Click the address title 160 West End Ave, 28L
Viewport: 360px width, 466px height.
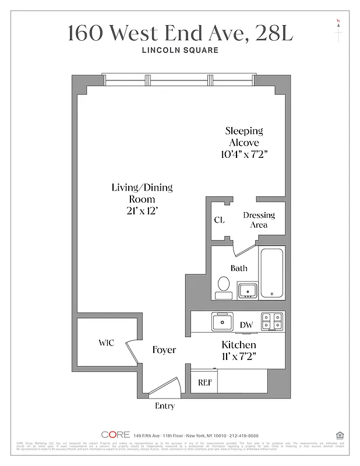[x=180, y=33]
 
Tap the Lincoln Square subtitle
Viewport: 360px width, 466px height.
[x=180, y=50]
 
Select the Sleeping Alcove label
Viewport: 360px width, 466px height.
[x=244, y=137]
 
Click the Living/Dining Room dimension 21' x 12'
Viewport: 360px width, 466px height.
[x=142, y=210]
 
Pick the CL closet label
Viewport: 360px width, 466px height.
[x=219, y=220]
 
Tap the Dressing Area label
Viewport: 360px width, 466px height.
[x=259, y=220]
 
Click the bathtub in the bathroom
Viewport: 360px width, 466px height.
[x=271, y=273]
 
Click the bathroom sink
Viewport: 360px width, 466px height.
[x=247, y=290]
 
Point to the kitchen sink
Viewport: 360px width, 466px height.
[x=222, y=322]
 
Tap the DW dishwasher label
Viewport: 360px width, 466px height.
[x=246, y=325]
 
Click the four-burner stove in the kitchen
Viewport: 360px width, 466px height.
[x=271, y=322]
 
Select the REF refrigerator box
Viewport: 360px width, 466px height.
[x=204, y=382]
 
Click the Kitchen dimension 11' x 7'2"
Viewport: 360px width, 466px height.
[x=239, y=355]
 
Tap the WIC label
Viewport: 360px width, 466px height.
[x=105, y=343]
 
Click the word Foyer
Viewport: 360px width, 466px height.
[x=164, y=349]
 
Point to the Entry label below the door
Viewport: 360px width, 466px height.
[x=164, y=406]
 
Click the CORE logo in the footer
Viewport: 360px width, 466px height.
[x=115, y=435]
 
